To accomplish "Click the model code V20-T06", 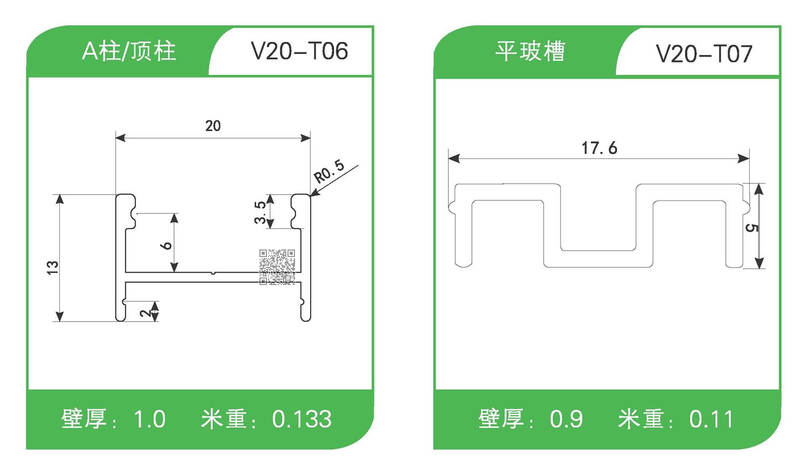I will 299,52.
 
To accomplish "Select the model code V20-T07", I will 704,54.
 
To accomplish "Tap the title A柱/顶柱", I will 129,52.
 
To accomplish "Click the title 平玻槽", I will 530,52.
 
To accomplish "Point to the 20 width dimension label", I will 213,126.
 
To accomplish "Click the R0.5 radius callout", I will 329,171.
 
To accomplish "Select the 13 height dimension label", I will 52,267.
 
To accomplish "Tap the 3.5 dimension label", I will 260,212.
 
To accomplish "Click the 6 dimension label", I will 166,245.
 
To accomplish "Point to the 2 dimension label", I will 146,313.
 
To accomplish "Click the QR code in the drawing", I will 277,267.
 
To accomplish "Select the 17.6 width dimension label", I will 599,148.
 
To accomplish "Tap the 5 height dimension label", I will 751,228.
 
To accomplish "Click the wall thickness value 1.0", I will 149,419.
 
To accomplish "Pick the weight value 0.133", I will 301,419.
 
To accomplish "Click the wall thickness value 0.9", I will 566,419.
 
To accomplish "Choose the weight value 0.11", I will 711,419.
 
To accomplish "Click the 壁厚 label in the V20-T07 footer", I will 501,419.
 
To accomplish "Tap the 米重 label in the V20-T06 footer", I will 223,419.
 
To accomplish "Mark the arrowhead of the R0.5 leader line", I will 313,193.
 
